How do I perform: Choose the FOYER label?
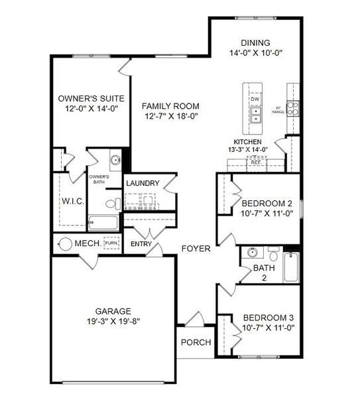pos(196,249)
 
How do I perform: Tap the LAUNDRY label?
pos(143,183)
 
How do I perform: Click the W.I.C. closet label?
pos(73,201)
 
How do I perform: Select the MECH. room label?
pos(88,243)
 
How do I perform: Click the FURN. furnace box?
pos(112,243)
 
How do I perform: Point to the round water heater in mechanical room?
pos(66,243)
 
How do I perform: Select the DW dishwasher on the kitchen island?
pos(255,99)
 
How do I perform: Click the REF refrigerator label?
pos(255,161)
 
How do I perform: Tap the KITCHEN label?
pos(247,142)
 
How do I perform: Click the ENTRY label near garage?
pos(141,244)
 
